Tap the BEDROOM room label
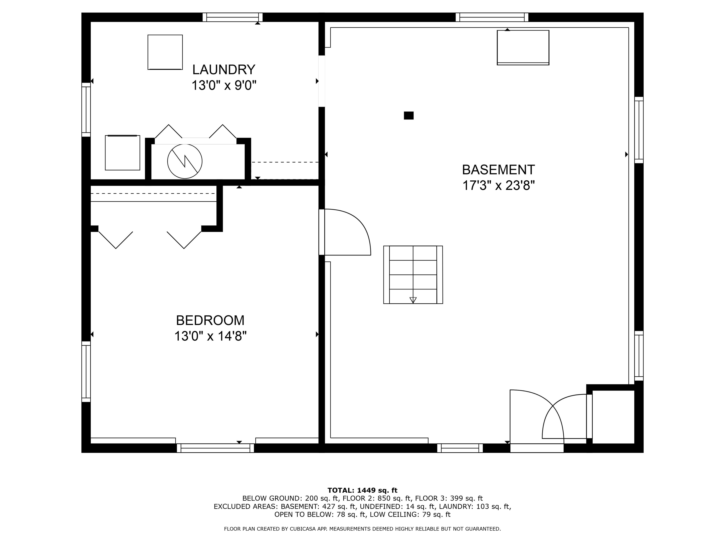(210, 320)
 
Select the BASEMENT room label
(498, 170)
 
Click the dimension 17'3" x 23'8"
(498, 186)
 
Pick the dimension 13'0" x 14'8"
(210, 336)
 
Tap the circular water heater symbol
(185, 161)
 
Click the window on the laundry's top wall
(232, 17)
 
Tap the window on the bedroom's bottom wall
(215, 448)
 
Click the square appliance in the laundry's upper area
(165, 52)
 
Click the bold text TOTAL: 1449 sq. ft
(362, 490)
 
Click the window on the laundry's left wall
(86, 110)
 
